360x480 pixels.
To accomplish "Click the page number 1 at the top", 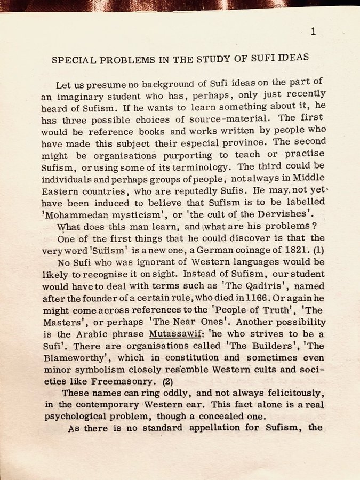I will pyautogui.click(x=313, y=31).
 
